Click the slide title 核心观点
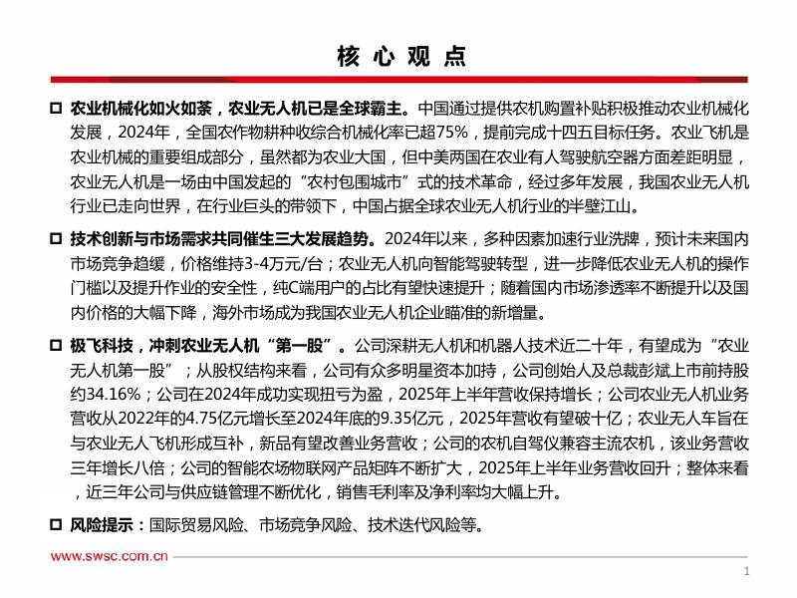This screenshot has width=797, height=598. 398,55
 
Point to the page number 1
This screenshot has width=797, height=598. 747,572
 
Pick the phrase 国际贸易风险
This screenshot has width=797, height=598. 188,525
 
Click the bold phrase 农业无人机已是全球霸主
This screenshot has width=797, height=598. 318,108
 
